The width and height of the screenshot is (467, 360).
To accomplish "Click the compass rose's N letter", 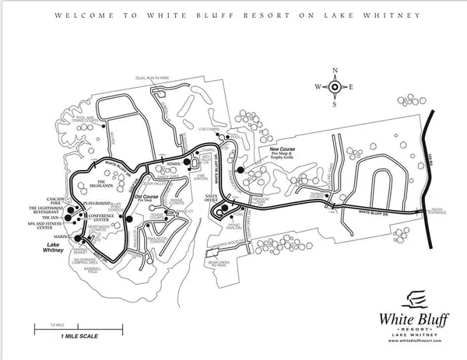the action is pyautogui.click(x=335, y=71).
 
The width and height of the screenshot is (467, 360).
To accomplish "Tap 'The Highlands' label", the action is pyautogui.click(x=102, y=185).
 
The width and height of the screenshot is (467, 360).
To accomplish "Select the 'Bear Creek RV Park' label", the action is pyautogui.click(x=221, y=264).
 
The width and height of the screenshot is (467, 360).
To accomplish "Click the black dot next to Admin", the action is pyautogui.click(x=187, y=164).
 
